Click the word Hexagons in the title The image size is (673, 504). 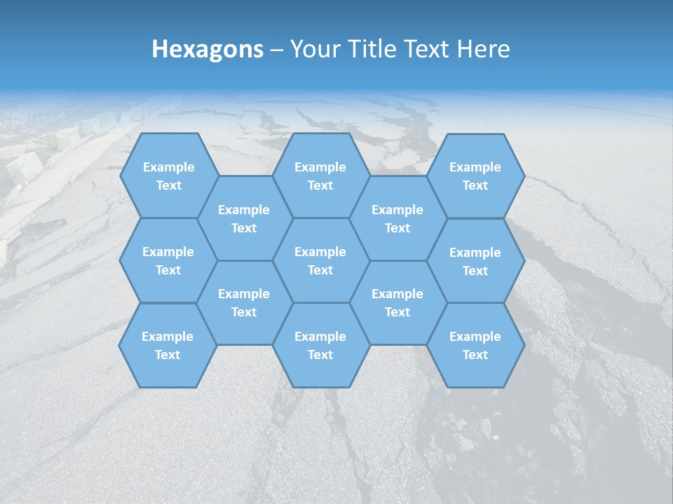coord(208,49)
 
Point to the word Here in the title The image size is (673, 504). coord(484,49)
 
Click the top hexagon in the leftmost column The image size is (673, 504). coord(168,176)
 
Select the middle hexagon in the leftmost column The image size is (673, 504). coord(168,260)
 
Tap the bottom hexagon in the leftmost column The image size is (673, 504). coord(168,345)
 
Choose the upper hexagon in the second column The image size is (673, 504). coord(244,218)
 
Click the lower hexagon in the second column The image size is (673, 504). coord(244,302)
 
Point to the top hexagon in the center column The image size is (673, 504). coord(320,176)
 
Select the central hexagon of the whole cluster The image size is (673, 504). coord(320,260)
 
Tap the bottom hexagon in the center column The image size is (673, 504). coord(320,345)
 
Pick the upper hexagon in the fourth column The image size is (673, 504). coord(397,218)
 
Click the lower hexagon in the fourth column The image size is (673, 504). coord(397,302)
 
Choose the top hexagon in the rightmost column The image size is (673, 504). coord(475,176)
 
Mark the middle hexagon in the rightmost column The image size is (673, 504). coord(475,261)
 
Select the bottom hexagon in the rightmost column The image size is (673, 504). coord(475,345)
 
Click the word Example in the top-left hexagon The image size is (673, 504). coord(168,167)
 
